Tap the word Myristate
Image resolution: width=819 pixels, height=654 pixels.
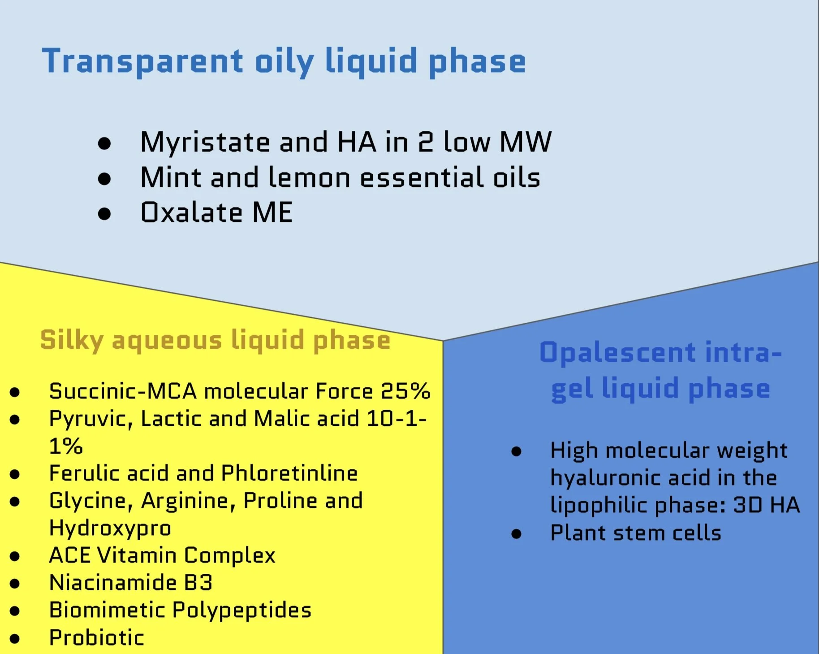[x=205, y=143]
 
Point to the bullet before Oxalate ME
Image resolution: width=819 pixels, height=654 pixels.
[x=104, y=214]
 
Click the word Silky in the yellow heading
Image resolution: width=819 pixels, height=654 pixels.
[x=72, y=341]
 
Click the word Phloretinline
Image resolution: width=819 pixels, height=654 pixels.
[x=289, y=473]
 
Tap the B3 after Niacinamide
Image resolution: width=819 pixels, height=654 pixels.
[x=198, y=583]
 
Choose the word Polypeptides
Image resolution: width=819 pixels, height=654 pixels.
[x=242, y=611]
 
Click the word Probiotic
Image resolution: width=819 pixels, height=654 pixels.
[x=97, y=638]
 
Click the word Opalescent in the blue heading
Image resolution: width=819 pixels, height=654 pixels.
[x=618, y=353]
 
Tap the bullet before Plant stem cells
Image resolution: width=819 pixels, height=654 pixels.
[x=516, y=534]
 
